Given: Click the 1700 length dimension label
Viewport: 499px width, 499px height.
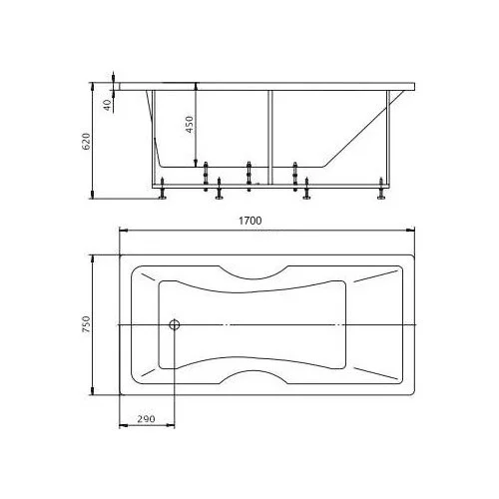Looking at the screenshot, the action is pyautogui.click(x=250, y=221).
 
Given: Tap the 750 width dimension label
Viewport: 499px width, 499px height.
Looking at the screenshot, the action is pyautogui.click(x=86, y=324).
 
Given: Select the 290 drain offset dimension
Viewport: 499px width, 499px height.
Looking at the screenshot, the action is pyautogui.click(x=147, y=418).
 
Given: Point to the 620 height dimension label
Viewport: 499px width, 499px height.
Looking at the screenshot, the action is pyautogui.click(x=86, y=142).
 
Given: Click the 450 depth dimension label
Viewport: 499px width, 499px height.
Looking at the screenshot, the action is pyautogui.click(x=189, y=125).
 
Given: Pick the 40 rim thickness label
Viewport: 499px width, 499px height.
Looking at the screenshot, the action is pyautogui.click(x=107, y=105).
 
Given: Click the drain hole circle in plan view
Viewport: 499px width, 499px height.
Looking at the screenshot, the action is pyautogui.click(x=175, y=324).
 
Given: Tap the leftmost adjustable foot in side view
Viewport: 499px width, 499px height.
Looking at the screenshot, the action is pyautogui.click(x=163, y=189).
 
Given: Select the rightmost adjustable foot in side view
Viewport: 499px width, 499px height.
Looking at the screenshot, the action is pyautogui.click(x=381, y=189).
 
